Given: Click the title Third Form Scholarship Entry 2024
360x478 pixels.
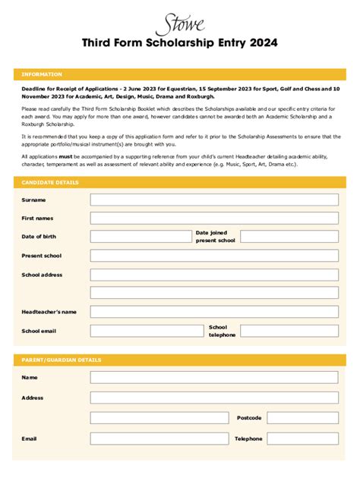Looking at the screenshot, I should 179,43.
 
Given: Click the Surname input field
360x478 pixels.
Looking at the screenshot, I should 214,200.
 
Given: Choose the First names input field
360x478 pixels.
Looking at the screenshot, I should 214,219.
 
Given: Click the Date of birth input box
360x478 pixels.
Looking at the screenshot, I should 139,237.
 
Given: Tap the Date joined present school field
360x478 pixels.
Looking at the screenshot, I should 289,237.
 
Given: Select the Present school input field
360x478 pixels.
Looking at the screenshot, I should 214,256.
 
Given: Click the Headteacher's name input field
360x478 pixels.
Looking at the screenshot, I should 214,312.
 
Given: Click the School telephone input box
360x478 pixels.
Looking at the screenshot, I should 289,331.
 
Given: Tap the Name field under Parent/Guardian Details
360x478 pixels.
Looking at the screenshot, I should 214,377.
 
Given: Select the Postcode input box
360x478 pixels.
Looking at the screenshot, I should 303,418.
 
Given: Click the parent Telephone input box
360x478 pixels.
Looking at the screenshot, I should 303,439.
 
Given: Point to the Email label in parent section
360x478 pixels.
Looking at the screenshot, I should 29,439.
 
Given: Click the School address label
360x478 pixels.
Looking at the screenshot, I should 42,275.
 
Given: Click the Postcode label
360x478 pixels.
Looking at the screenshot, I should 248,418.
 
